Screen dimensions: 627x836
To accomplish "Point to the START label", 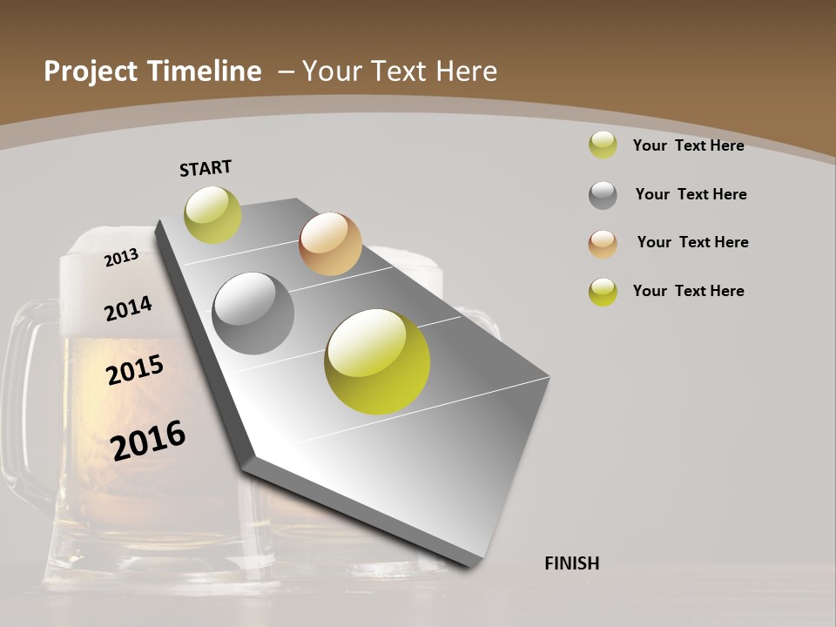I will point(206,168).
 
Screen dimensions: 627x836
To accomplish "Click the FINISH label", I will point(572,563).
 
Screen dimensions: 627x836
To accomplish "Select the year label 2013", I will point(122,257).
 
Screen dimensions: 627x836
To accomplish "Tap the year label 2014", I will point(128,308).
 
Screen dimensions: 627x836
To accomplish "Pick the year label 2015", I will point(135,370).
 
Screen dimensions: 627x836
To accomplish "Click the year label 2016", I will point(148,441).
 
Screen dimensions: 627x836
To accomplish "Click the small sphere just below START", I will point(212,215).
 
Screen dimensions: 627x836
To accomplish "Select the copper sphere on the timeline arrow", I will point(330,244).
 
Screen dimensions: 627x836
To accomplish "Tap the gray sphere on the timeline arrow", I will point(253,313).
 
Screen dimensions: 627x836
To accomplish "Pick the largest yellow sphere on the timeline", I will point(377,361).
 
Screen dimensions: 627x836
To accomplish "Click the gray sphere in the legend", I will point(603,195).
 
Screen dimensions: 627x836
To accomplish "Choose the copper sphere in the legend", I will point(603,244).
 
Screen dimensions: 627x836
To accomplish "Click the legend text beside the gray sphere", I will point(691,194).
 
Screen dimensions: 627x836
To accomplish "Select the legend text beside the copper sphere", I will point(692,242).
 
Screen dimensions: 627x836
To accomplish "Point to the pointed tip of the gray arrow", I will point(471,564).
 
